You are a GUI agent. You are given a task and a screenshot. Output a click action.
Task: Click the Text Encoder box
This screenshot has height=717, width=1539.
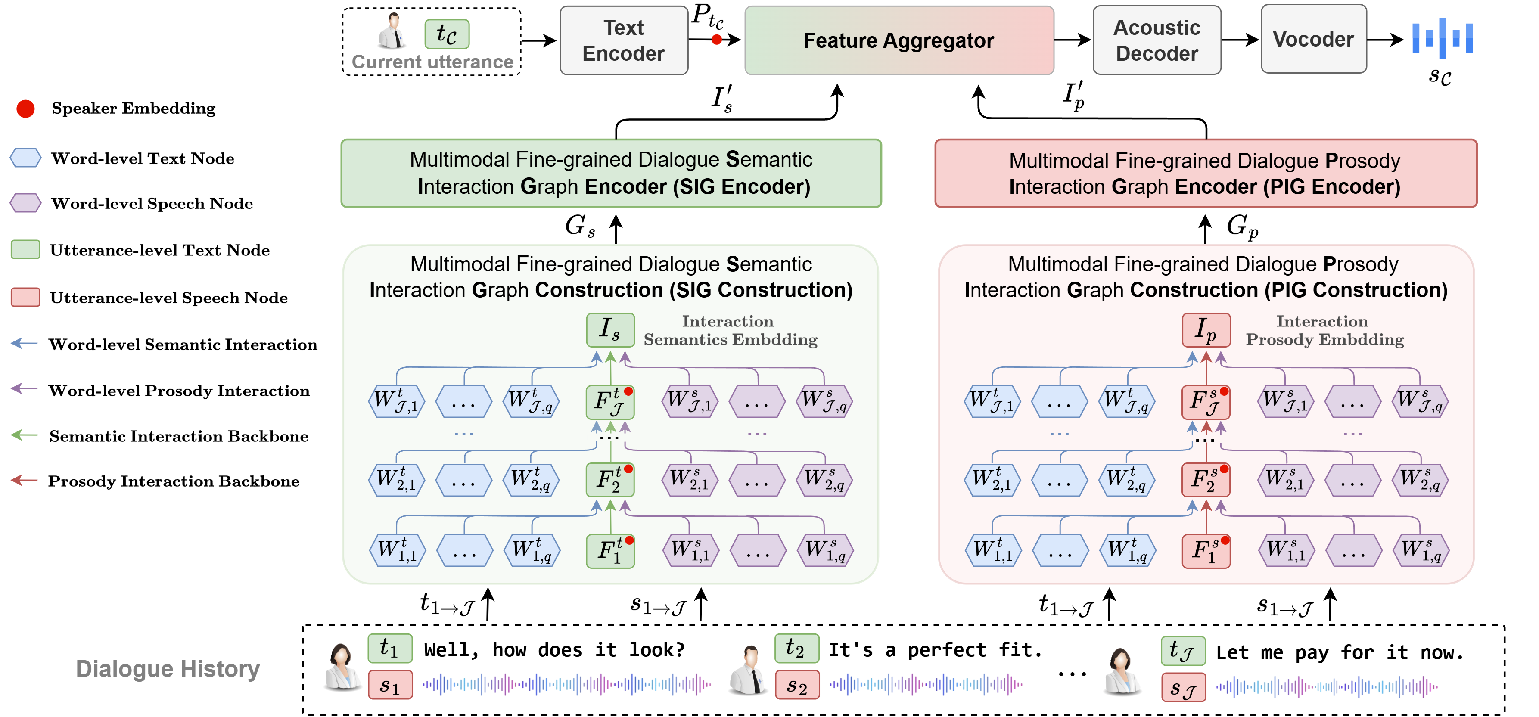[624, 40]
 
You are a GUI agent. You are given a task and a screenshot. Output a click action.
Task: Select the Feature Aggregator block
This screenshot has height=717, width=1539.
[899, 40]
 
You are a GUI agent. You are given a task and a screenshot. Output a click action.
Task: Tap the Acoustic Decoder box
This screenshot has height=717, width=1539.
[1157, 40]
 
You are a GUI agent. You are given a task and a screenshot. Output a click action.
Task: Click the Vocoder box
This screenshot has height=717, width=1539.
[1313, 40]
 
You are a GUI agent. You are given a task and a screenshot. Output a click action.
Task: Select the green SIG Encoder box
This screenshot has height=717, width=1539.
[611, 173]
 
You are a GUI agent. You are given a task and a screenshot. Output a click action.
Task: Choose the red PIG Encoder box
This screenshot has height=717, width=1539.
[1206, 173]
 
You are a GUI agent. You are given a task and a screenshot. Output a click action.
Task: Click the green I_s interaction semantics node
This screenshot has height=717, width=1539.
[610, 330]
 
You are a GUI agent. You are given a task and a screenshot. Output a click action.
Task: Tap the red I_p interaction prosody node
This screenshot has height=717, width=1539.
[1206, 330]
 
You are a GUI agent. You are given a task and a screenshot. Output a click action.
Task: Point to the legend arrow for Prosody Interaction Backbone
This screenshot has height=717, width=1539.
[25, 481]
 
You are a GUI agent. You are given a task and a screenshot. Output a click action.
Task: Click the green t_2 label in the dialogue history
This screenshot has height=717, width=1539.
[796, 648]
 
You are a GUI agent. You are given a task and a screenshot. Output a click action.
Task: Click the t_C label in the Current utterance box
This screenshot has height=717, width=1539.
[447, 34]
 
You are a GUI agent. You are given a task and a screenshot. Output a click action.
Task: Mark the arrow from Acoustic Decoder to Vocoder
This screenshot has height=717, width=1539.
[1240, 40]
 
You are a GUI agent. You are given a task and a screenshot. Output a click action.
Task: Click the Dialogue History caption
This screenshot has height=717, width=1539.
[168, 669]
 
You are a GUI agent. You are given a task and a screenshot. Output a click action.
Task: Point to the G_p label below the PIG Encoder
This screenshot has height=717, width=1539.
[1242, 227]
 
